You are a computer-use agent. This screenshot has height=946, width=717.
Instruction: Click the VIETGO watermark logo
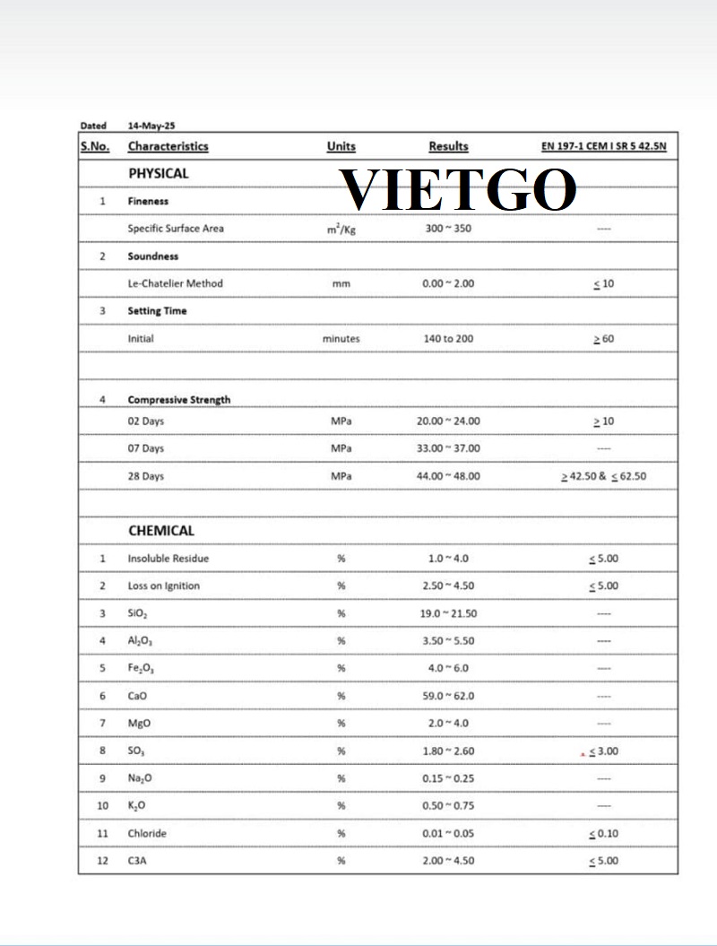point(460,190)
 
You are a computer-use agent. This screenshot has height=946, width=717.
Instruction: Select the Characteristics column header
point(168,146)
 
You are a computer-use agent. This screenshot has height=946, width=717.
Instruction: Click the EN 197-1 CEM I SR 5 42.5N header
point(604,146)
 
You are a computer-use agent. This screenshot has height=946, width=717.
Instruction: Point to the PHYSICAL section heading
point(158,173)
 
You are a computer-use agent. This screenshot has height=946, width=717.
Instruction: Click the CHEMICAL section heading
point(160,531)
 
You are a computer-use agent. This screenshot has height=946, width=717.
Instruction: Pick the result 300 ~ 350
point(448,229)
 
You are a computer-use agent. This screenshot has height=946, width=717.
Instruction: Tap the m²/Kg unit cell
point(341,229)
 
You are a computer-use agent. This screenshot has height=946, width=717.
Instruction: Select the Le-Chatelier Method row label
point(175,283)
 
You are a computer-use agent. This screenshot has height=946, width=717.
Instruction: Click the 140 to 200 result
point(448,339)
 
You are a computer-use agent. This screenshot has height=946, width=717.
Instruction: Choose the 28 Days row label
point(145,476)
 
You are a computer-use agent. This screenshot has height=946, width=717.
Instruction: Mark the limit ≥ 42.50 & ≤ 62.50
point(602,476)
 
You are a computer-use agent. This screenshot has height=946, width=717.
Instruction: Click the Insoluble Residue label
point(168,559)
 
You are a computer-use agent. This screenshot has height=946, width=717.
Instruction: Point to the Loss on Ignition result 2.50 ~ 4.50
point(448,586)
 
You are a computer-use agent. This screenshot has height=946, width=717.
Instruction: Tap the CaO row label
point(138,696)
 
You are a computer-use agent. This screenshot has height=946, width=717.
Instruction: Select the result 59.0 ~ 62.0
point(448,696)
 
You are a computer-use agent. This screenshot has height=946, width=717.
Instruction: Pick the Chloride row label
point(147,834)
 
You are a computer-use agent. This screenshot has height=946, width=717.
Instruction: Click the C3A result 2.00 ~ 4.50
point(448,861)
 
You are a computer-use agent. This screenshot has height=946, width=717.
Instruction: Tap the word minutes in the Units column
point(341,339)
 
